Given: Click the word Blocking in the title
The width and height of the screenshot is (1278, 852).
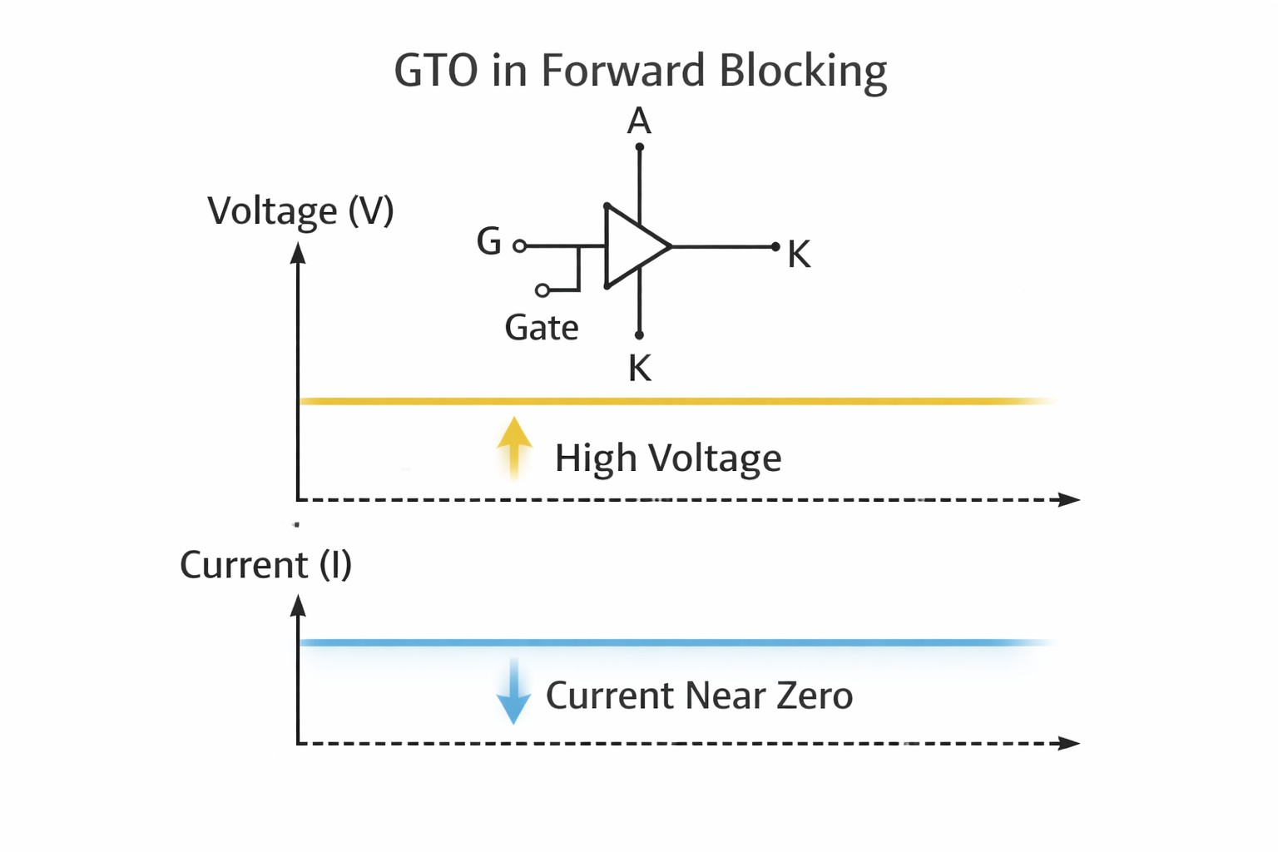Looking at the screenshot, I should (x=802, y=71).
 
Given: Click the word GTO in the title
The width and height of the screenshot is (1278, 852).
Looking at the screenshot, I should (x=436, y=71).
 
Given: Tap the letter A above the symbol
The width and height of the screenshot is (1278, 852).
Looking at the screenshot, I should (x=639, y=121).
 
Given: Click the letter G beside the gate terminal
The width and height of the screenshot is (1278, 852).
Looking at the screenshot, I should (x=489, y=242).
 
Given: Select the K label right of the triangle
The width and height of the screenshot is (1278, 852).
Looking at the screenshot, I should (x=799, y=255).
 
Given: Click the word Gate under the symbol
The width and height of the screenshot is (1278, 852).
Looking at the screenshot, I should (x=541, y=328).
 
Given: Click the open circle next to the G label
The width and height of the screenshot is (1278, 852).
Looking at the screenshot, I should (x=520, y=245).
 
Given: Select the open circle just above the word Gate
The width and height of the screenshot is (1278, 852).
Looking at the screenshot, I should (x=542, y=290).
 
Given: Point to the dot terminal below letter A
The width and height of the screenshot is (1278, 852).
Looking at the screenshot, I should (x=639, y=147).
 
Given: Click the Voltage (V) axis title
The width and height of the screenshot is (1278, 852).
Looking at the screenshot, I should (x=300, y=211).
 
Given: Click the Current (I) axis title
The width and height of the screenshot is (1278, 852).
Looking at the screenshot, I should (x=265, y=566).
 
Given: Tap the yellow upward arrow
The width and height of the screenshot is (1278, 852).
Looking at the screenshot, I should (x=514, y=445).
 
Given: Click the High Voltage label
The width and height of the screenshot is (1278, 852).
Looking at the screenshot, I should (x=668, y=458).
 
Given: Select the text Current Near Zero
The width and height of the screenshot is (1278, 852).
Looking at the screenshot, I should (x=699, y=696).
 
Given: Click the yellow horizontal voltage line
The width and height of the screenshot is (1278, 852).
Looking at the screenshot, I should (x=666, y=401).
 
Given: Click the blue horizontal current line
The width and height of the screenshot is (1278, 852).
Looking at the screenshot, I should (x=666, y=642).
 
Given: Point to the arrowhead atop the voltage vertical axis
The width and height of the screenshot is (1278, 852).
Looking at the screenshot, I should (x=298, y=252).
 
